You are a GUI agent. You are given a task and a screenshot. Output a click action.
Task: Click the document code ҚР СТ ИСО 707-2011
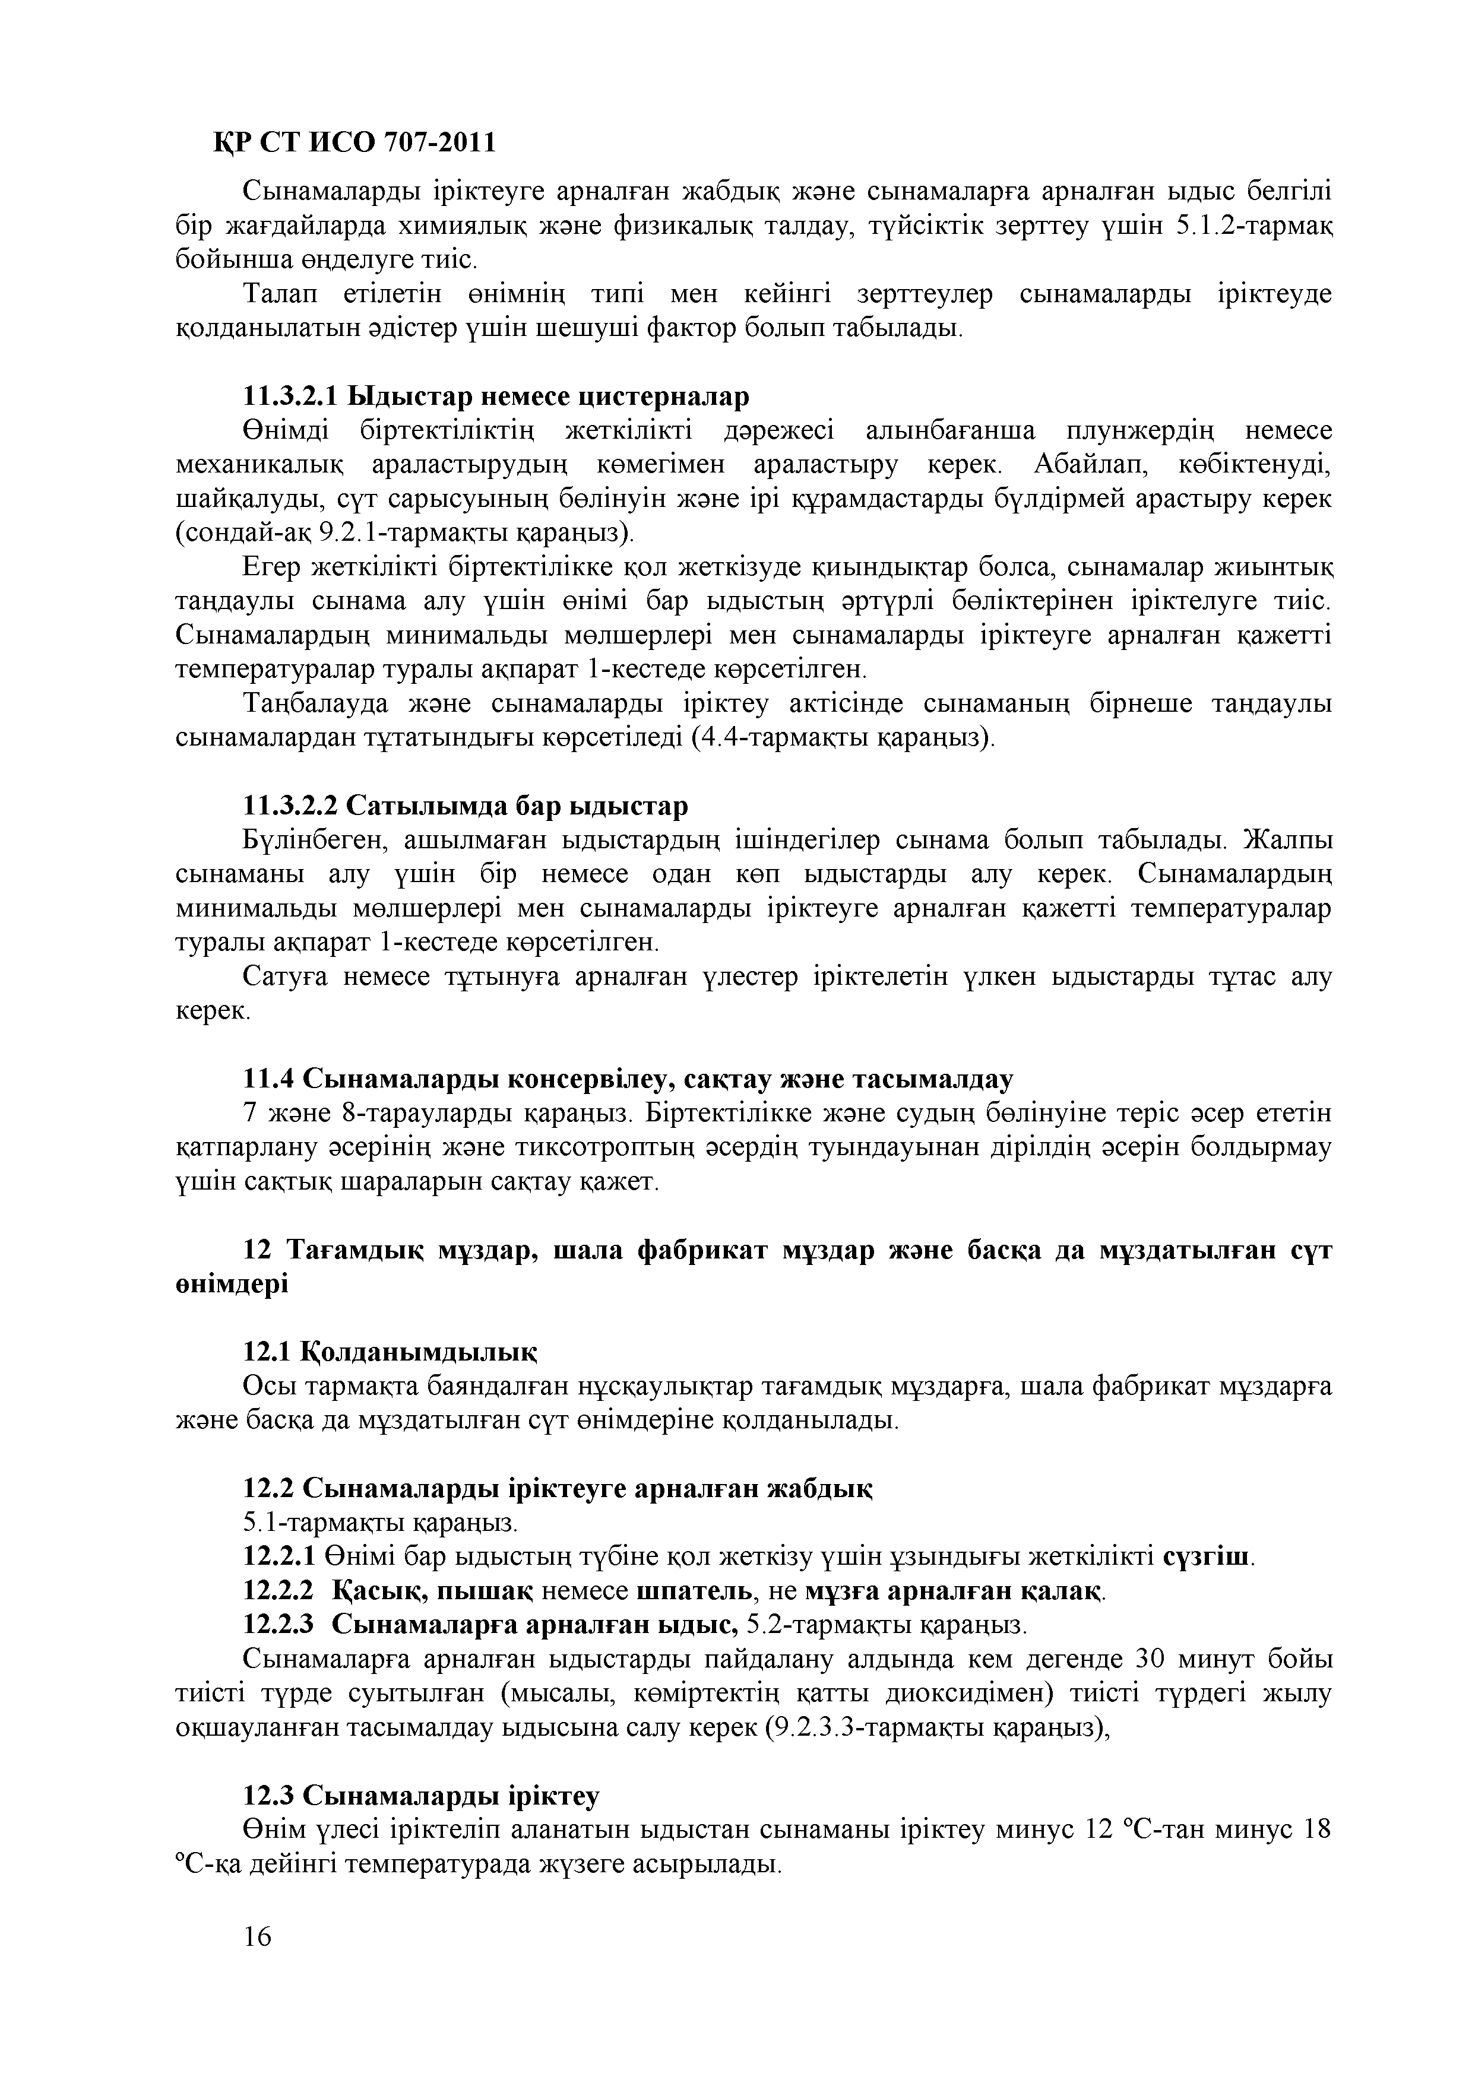coord(354,143)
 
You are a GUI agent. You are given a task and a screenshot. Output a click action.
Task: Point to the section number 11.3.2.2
coord(290,806)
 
